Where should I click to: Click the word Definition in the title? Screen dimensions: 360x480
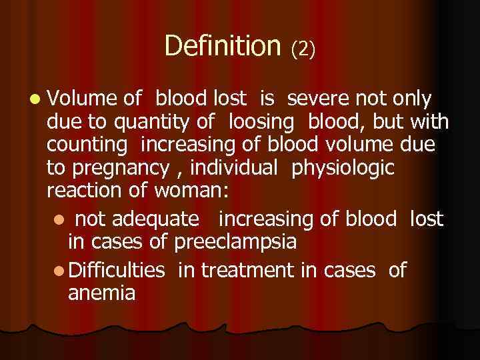point(223,45)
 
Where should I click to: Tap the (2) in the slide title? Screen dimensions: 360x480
point(303,48)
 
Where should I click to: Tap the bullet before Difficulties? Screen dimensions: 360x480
point(59,269)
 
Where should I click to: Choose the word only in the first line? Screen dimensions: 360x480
point(412,99)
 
